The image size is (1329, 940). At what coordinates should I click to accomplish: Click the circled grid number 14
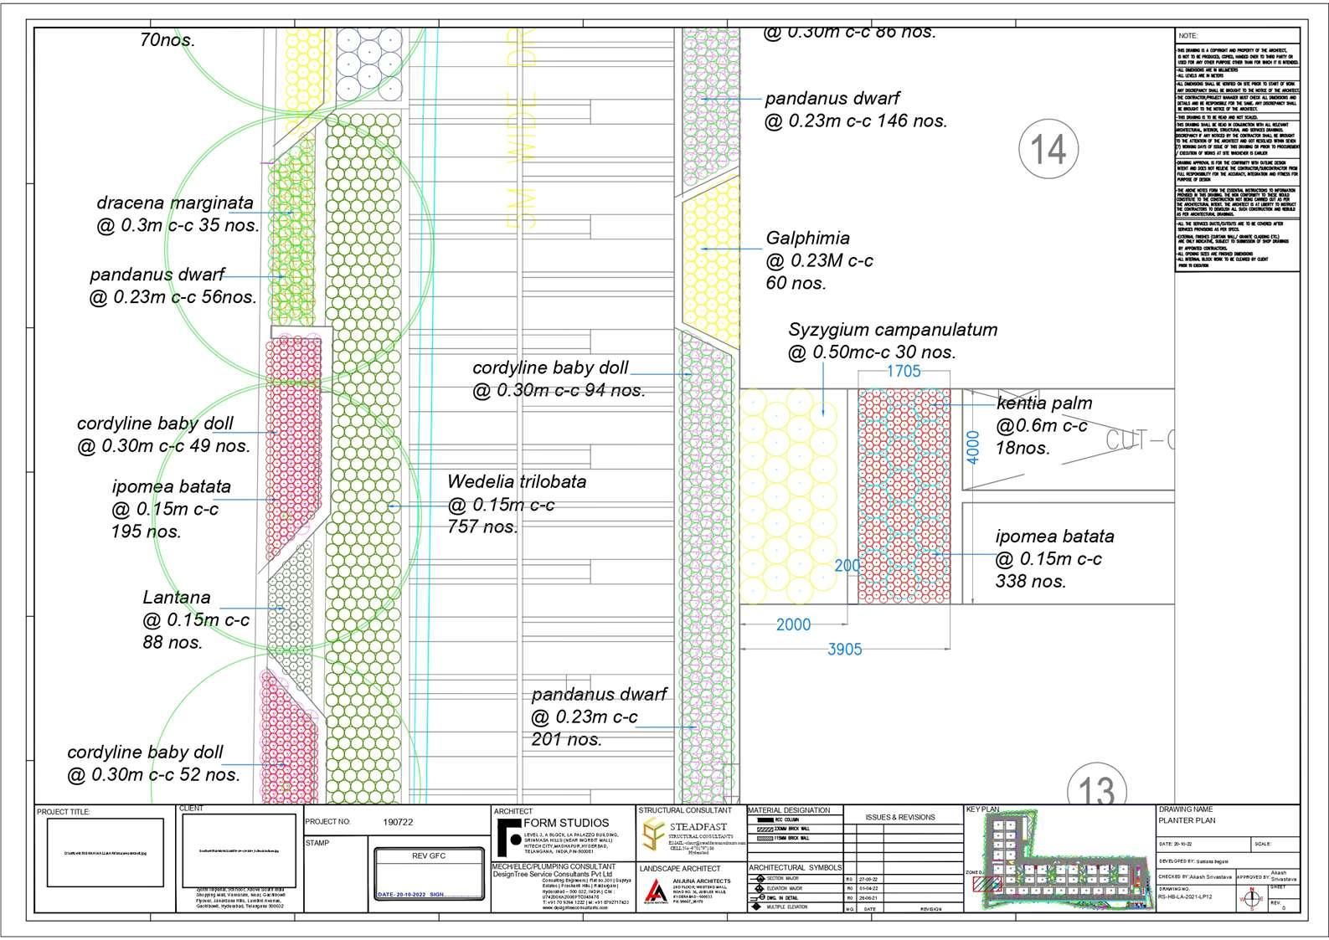click(1048, 150)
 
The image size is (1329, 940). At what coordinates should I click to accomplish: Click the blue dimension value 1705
click(903, 371)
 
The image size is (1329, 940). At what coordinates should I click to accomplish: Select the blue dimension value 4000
click(972, 447)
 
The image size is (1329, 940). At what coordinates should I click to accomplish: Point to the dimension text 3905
click(844, 649)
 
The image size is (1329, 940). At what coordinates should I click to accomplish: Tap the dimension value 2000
click(793, 624)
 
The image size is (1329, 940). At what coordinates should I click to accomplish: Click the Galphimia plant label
click(807, 239)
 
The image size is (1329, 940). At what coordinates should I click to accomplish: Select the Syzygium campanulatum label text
click(893, 330)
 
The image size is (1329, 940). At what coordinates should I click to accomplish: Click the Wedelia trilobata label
click(517, 482)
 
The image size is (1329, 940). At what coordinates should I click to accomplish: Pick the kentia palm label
click(1044, 403)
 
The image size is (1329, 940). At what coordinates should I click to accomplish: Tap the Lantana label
click(177, 598)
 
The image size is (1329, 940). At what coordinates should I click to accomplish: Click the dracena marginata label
click(175, 203)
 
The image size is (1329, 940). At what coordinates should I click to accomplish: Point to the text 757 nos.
click(482, 527)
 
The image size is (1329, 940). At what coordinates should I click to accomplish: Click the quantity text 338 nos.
click(1031, 581)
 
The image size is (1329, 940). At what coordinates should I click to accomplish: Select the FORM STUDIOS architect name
click(566, 824)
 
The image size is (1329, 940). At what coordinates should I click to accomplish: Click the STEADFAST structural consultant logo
click(654, 833)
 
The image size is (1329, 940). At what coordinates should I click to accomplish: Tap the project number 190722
click(398, 822)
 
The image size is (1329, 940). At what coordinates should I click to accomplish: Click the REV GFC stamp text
click(429, 856)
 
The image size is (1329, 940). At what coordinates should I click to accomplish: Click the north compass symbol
click(1253, 899)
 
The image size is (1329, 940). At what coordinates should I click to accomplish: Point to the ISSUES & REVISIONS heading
click(900, 817)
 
